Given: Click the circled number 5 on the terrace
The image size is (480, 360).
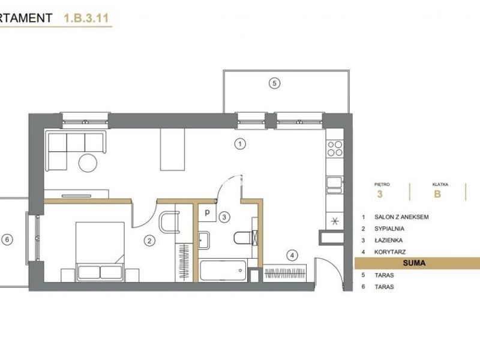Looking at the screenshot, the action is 274,83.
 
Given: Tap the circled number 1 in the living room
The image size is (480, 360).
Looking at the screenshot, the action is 240,143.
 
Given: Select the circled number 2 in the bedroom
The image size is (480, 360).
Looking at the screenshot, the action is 149,241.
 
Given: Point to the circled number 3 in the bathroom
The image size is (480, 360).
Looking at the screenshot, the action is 224,217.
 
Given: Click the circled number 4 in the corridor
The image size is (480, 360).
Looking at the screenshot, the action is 292,256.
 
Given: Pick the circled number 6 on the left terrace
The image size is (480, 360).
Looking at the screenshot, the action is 7,239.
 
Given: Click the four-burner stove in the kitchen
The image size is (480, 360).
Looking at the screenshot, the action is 335,148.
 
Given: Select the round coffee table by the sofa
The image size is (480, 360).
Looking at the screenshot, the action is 88,163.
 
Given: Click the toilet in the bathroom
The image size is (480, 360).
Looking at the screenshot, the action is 245,238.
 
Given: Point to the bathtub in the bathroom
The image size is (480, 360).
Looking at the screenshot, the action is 223,271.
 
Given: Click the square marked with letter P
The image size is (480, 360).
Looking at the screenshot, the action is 207,212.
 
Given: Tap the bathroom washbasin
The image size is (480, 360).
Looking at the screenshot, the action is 204,241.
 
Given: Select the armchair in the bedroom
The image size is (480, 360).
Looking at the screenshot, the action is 169,222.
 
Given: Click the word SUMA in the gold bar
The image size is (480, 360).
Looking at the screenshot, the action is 414,263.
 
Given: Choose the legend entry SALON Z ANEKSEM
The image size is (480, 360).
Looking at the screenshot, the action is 401,217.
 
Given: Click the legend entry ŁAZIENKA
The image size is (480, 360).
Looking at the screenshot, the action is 388,241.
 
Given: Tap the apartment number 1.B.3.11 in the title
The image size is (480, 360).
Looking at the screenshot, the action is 86,18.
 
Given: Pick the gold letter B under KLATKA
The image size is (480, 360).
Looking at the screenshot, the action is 437,194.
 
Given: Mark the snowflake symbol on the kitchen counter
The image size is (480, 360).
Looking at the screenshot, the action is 335,221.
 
